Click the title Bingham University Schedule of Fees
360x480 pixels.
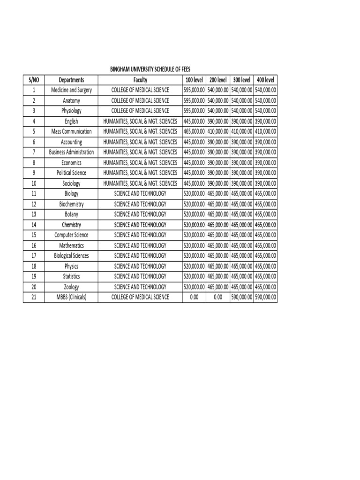(x=150, y=69)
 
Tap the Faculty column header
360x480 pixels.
(x=140, y=80)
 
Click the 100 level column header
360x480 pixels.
(x=194, y=80)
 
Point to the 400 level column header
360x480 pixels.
(x=265, y=80)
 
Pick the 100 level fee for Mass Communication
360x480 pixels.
(x=194, y=132)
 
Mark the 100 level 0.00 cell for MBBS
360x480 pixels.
(x=194, y=297)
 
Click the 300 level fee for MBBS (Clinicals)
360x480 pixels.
(x=241, y=297)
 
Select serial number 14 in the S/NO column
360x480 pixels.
(x=34, y=225)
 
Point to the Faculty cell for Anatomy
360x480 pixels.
(x=140, y=100)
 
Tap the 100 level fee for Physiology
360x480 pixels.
(x=194, y=111)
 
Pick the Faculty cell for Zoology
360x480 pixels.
(x=140, y=286)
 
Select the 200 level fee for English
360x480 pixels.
(x=218, y=121)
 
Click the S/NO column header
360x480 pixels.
(x=34, y=80)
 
